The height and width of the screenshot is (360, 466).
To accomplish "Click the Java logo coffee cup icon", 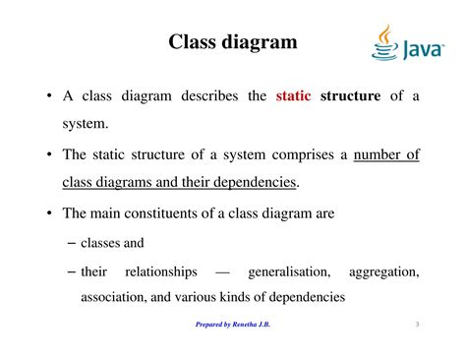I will [385, 41].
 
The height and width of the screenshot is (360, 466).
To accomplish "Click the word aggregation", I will [382, 270].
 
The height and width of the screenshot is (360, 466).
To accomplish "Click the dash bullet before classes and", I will [70, 241].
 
